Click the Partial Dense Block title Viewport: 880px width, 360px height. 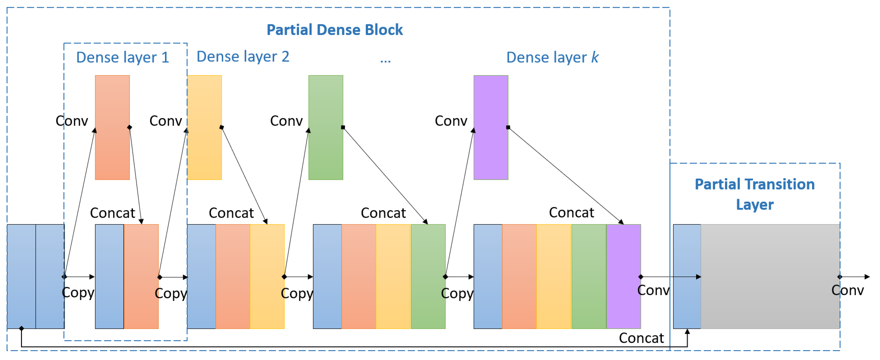(x=335, y=30)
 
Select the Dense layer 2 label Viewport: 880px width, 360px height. (x=243, y=56)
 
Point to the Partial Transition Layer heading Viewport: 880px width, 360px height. (x=754, y=194)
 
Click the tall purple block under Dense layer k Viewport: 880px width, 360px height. (x=491, y=127)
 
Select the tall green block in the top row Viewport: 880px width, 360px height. (x=326, y=127)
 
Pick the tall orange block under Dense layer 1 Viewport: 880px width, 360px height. (x=112, y=127)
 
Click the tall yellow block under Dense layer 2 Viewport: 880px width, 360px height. (x=205, y=127)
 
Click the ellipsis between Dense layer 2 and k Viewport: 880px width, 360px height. (x=385, y=60)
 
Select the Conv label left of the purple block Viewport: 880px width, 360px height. (x=451, y=121)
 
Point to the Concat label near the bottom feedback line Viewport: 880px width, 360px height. (x=641, y=338)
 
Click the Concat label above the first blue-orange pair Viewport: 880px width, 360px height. (x=112, y=213)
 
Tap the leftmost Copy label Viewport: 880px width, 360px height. (x=78, y=293)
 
